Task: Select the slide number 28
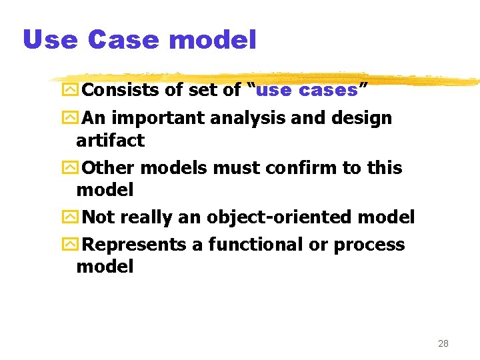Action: coord(443,343)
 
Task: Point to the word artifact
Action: coord(110,140)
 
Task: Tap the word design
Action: coord(362,119)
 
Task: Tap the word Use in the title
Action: coord(50,40)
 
